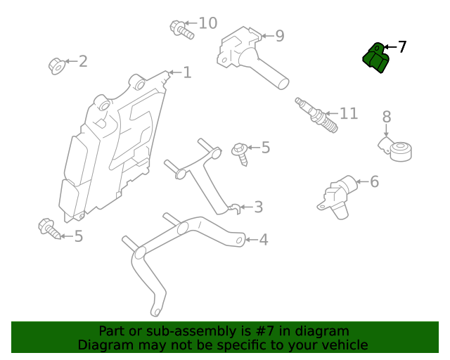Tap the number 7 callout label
[x=402, y=47]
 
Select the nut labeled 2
[x=57, y=65]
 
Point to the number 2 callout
[x=83, y=61]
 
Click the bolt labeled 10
[x=181, y=29]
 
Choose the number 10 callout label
[x=207, y=23]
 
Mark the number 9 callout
[x=279, y=36]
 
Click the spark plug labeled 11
[x=317, y=116]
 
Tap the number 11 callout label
[x=348, y=113]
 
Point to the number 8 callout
[x=387, y=117]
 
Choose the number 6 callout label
[x=374, y=182]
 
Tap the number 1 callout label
[x=187, y=72]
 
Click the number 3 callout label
[x=258, y=207]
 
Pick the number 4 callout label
[x=263, y=240]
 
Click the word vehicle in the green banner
[x=342, y=345]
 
